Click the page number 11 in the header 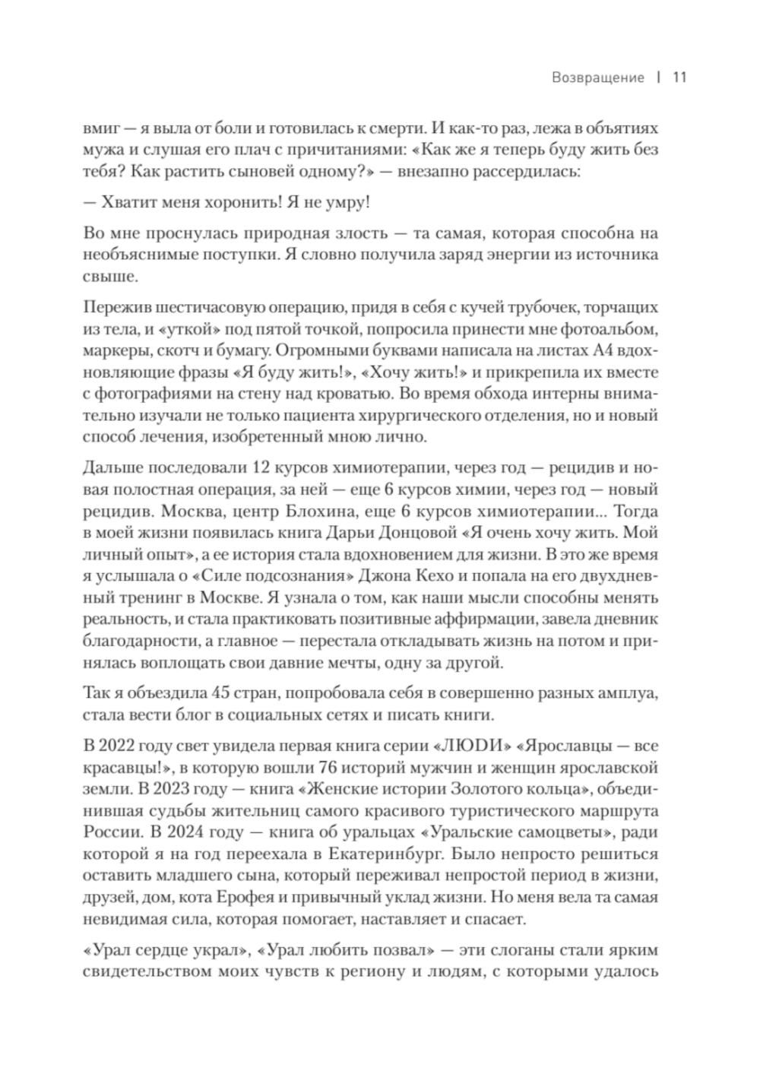[679, 78]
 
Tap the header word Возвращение [598, 78]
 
